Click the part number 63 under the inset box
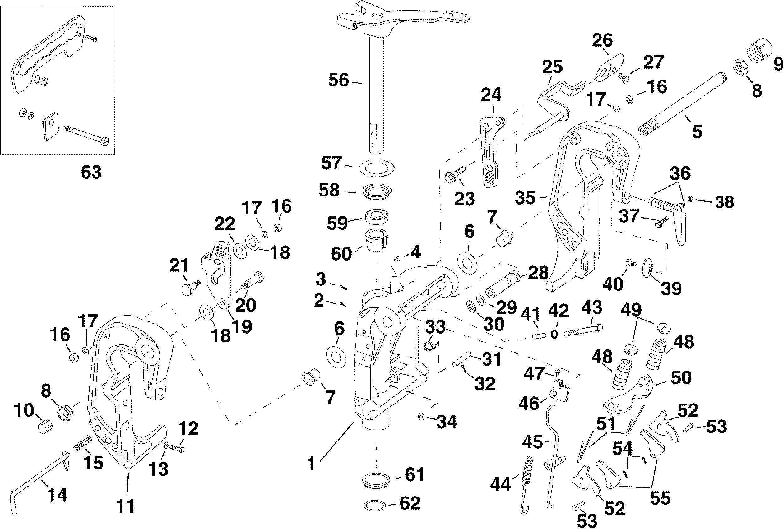pos(91,172)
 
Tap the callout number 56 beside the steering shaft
pos(338,80)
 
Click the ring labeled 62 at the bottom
pos(375,506)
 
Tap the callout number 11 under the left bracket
pos(125,506)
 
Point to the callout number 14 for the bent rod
pos(57,495)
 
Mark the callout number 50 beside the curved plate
pos(681,378)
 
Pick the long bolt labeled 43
pos(583,331)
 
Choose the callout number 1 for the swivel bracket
pos(311,464)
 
